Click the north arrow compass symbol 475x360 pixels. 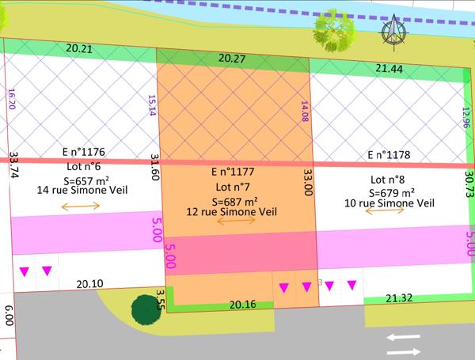pos(392,32)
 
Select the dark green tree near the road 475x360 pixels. pos(146,309)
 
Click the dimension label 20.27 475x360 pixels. pos(233,57)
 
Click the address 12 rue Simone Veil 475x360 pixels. pos(230,212)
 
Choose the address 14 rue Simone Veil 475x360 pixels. pos(81,190)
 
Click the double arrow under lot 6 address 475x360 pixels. pos(81,206)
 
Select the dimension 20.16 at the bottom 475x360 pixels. pos(243,303)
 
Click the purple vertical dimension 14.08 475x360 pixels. pos(302,112)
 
